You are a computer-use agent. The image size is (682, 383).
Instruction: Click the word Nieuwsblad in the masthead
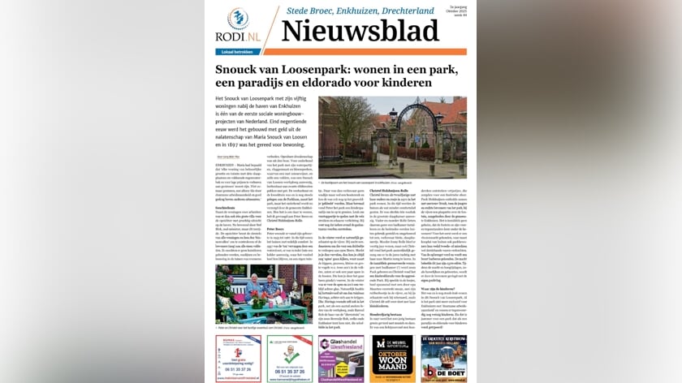click(360, 30)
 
